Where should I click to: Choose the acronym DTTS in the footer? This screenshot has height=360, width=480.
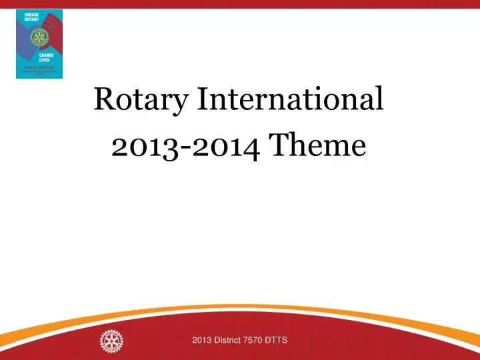tap(277, 341)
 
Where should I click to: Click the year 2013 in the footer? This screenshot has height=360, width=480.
tap(201, 341)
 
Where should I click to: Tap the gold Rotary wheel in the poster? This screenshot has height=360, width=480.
tap(39, 37)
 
